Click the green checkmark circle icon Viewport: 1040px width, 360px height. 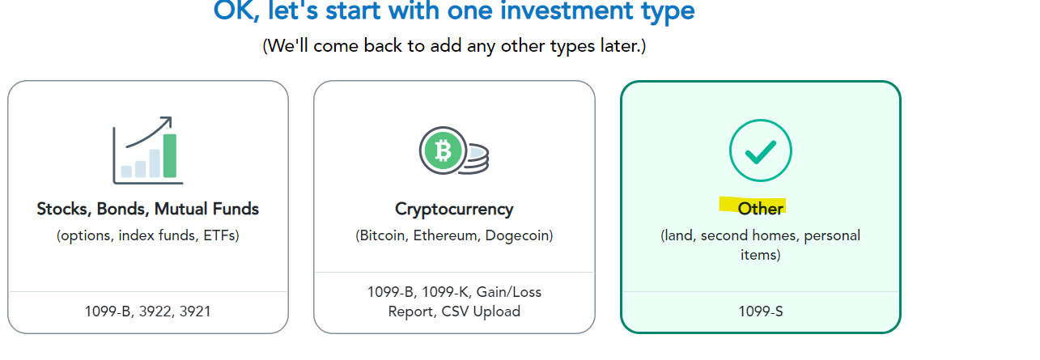[x=760, y=150]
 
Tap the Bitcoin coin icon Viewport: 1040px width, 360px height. [x=453, y=150]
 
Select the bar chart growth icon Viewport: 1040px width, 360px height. [x=147, y=150]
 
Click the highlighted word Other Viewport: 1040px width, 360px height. [x=760, y=208]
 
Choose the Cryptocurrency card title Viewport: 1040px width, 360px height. [x=454, y=210]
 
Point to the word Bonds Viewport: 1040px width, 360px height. [x=123, y=210]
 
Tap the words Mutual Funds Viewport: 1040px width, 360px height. [x=206, y=209]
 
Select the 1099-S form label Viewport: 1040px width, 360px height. [x=761, y=311]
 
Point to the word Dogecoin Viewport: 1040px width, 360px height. [x=517, y=235]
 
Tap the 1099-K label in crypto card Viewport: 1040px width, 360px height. [x=445, y=292]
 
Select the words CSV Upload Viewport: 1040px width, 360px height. [x=481, y=311]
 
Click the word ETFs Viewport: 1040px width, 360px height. [x=219, y=235]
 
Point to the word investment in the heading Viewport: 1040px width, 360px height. [x=567, y=11]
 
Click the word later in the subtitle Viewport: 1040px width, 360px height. [x=619, y=46]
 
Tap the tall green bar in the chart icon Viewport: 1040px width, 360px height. [x=170, y=155]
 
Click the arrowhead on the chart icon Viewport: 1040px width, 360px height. [x=167, y=122]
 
